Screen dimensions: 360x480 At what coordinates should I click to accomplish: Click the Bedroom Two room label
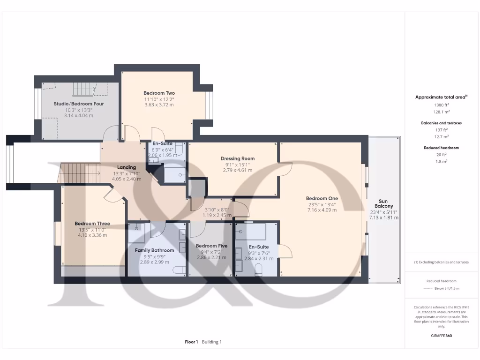pyautogui.click(x=158, y=93)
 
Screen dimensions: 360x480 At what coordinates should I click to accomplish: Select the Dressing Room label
pyautogui.click(x=238, y=158)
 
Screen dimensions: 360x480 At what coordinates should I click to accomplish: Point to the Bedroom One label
pyautogui.click(x=322, y=198)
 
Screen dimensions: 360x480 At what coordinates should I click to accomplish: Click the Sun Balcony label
pyautogui.click(x=384, y=206)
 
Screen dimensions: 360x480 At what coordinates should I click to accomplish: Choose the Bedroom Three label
pyautogui.click(x=92, y=224)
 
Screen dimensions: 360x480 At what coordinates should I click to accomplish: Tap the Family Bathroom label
pyautogui.click(x=154, y=250)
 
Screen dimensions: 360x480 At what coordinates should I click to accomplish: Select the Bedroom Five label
pyautogui.click(x=211, y=246)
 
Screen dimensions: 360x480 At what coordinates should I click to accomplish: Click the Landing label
pyautogui.click(x=127, y=167)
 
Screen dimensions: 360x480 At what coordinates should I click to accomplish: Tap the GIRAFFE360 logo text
pyautogui.click(x=441, y=336)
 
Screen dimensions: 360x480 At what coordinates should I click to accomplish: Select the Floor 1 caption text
pyautogui.click(x=191, y=342)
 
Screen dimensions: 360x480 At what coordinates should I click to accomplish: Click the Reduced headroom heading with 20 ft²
pyautogui.click(x=441, y=148)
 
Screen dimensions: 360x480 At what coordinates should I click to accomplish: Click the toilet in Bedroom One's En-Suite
pyautogui.click(x=258, y=270)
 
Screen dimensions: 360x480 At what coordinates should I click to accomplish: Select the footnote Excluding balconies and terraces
pyautogui.click(x=441, y=262)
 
